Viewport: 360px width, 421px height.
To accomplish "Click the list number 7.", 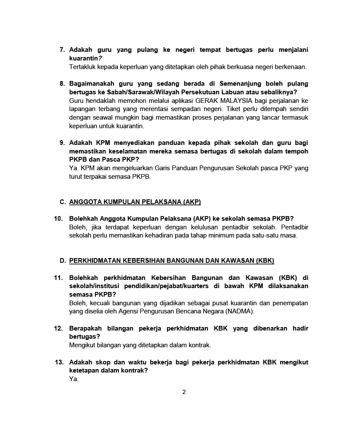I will (x=62, y=50).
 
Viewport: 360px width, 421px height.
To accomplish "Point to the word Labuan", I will (x=240, y=92).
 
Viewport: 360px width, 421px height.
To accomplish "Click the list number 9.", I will (x=62, y=143).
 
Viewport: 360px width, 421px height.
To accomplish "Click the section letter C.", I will (x=63, y=202).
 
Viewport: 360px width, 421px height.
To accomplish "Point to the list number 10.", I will (x=59, y=219).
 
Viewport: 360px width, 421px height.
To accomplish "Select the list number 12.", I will (x=59, y=328).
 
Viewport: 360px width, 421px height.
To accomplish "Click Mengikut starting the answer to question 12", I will (x=83, y=345).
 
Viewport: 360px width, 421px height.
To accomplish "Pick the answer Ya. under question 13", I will (x=74, y=379).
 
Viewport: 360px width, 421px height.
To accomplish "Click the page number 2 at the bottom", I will (x=184, y=392).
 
